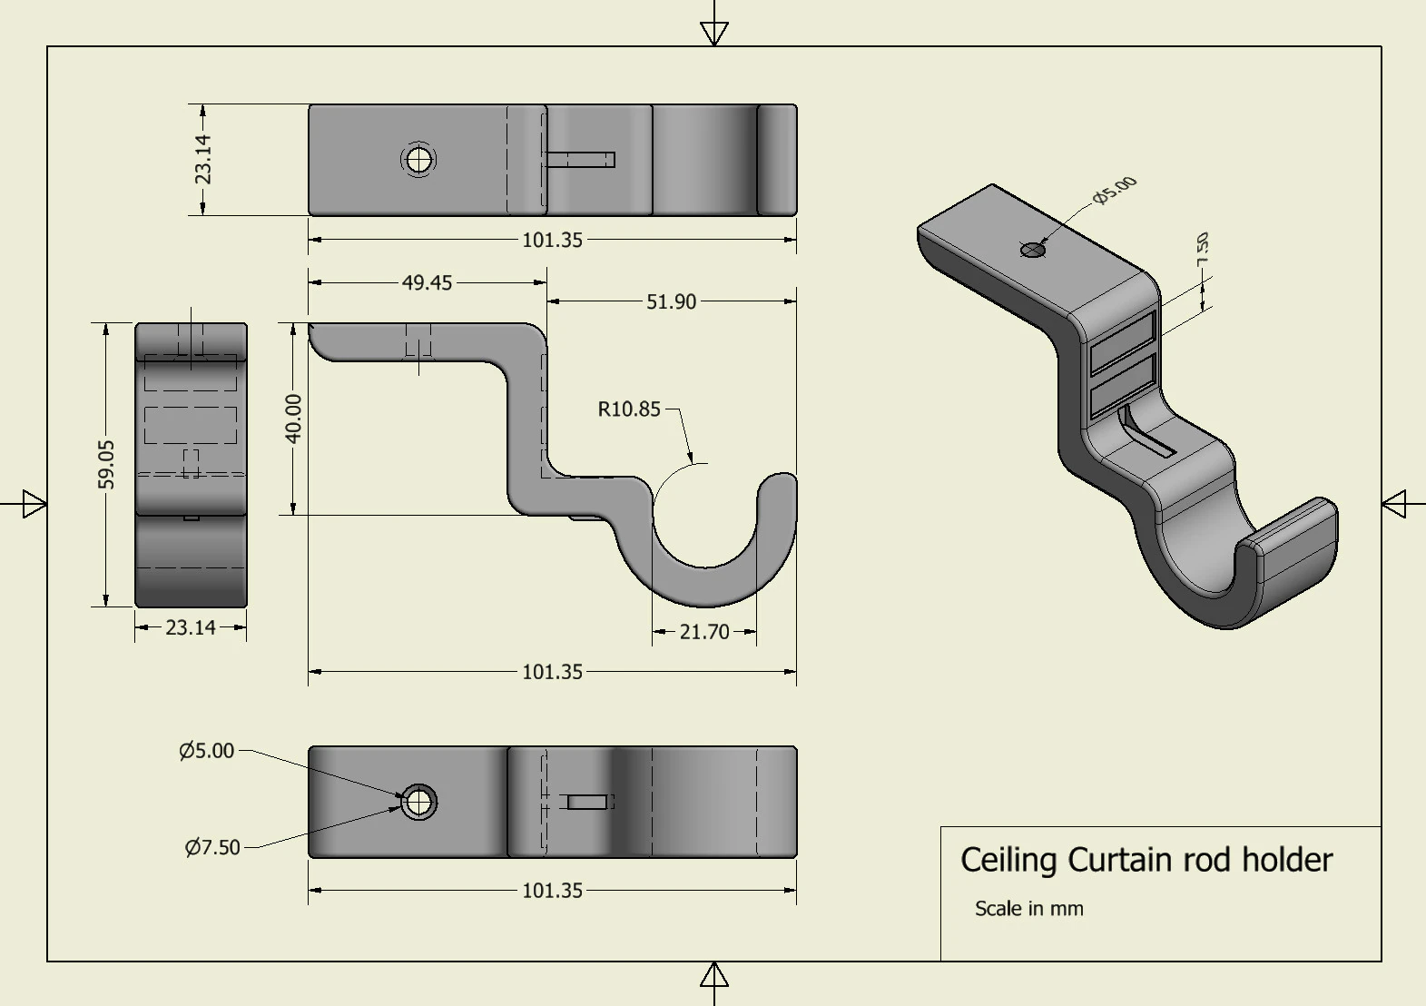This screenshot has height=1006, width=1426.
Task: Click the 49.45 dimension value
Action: (x=427, y=282)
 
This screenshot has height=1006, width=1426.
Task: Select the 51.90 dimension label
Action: (x=671, y=301)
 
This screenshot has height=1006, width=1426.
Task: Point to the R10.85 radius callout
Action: (x=628, y=409)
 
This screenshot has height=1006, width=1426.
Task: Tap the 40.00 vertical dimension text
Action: (x=293, y=419)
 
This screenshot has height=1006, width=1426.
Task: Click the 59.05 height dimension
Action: (x=106, y=464)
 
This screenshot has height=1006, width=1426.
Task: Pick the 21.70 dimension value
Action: (x=703, y=632)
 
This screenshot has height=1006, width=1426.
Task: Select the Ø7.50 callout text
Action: (x=212, y=847)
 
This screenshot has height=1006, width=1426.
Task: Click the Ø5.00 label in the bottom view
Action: (x=207, y=751)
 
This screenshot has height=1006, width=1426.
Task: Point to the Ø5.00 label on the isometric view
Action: (x=1115, y=190)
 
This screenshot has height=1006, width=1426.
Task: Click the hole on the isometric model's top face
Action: (x=1033, y=250)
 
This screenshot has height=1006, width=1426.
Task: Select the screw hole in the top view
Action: (x=418, y=161)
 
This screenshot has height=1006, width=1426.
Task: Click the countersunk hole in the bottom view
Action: (x=418, y=802)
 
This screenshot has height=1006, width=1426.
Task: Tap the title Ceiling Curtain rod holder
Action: (x=1146, y=860)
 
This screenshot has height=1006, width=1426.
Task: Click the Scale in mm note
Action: (x=1028, y=909)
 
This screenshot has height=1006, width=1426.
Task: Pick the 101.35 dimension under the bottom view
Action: (x=552, y=891)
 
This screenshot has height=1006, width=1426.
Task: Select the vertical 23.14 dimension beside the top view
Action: (x=203, y=159)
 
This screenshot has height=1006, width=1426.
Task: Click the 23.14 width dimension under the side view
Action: (x=191, y=627)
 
